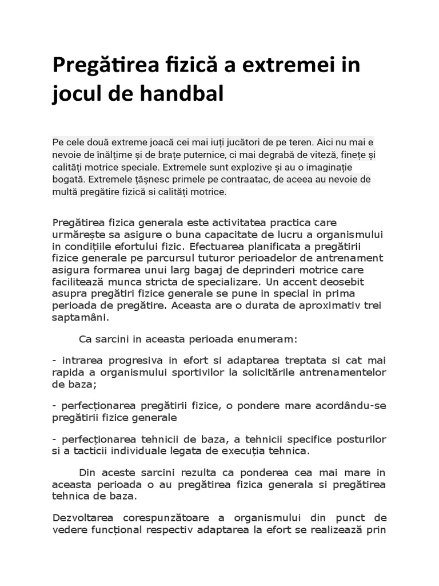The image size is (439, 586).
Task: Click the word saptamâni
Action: point(79,318)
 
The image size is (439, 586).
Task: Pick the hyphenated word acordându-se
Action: point(352,406)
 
